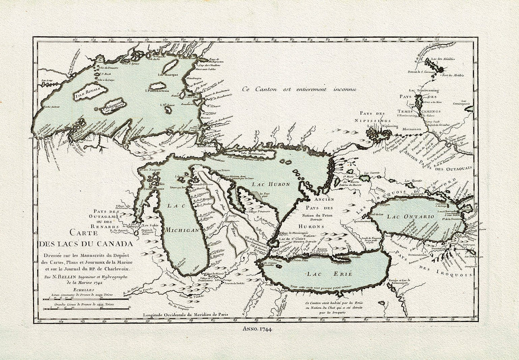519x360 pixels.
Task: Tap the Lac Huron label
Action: point(266,184)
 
